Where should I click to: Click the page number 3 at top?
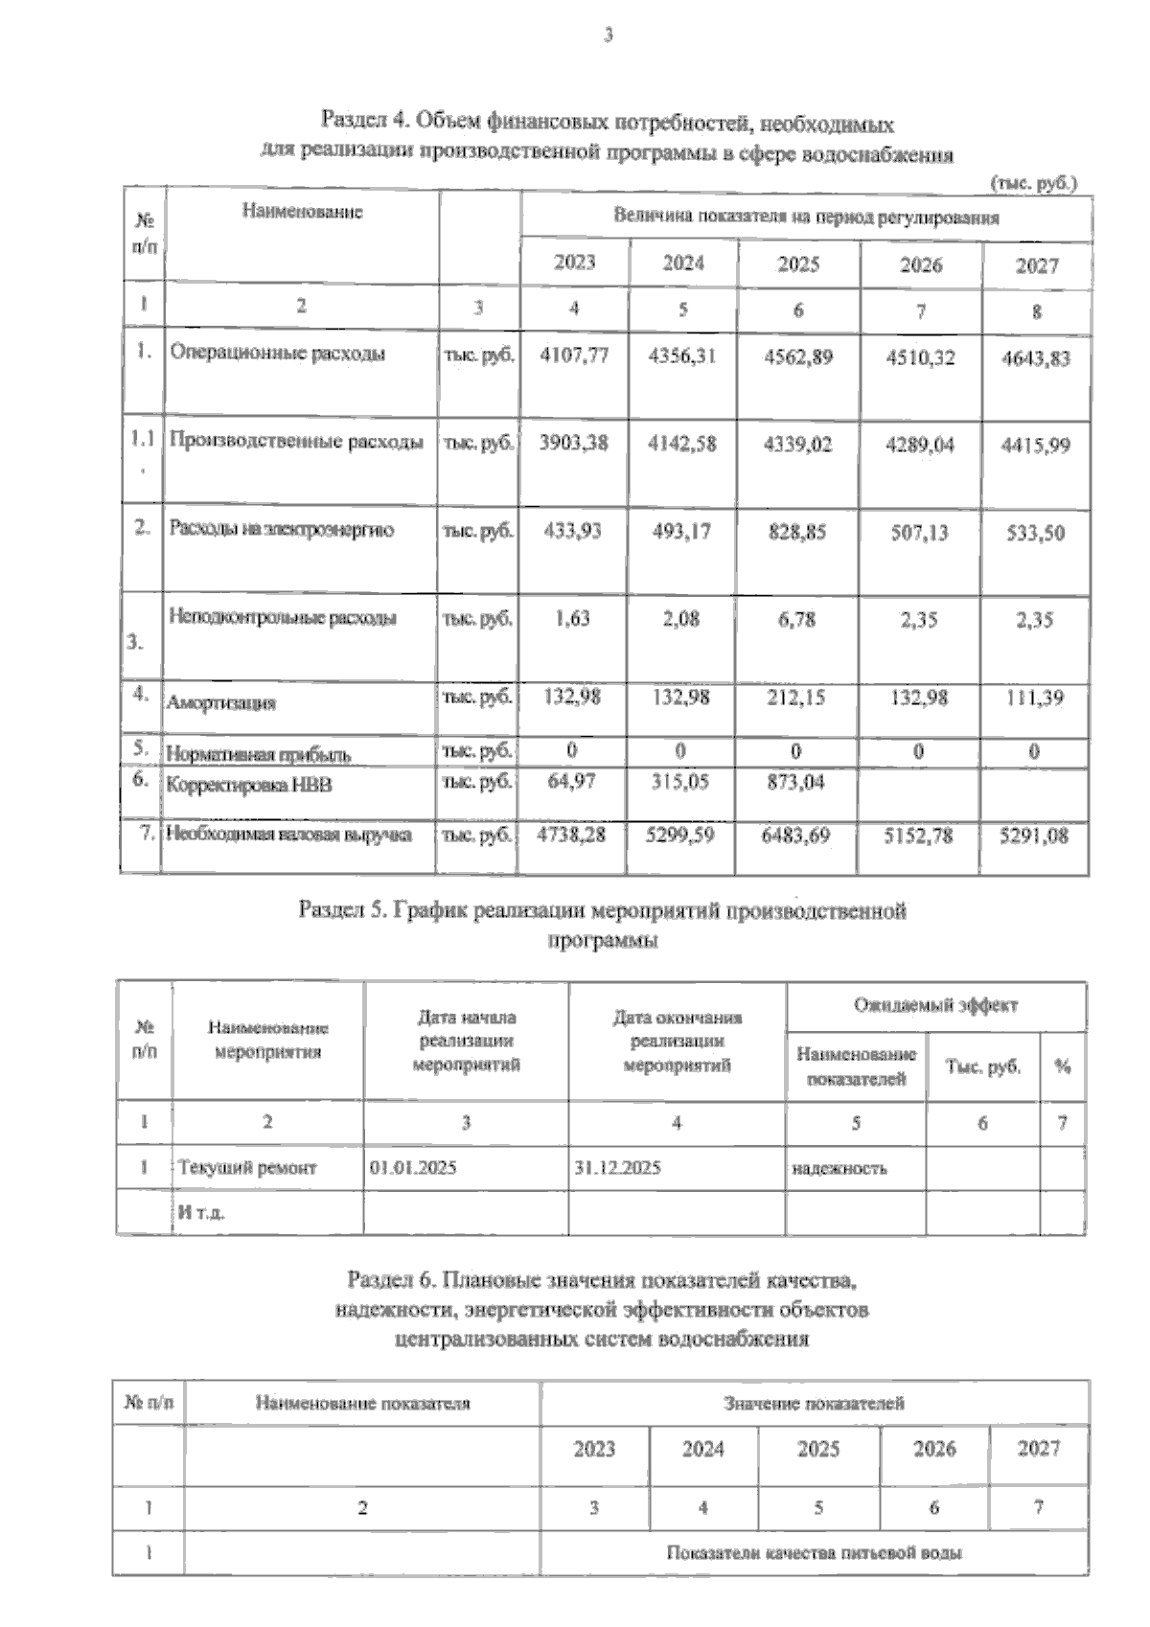coord(607,36)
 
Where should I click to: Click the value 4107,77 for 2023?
coord(574,356)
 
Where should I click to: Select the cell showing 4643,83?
coord(1035,359)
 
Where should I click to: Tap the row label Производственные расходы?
coord(296,442)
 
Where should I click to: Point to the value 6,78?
coord(793,620)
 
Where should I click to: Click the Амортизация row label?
coord(221,703)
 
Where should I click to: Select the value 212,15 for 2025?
coord(795,699)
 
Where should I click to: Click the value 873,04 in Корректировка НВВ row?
coord(795,783)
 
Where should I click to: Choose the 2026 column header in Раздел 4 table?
coord(920,264)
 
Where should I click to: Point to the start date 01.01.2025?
coord(413,1168)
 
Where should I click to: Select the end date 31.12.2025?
coord(617,1168)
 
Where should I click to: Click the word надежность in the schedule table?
coord(839,1169)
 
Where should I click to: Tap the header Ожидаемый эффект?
coord(935,1005)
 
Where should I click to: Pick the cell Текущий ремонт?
coord(247,1168)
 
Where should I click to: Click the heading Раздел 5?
coord(603,910)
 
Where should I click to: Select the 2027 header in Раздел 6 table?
coord(1038,1449)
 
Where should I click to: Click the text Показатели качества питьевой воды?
coord(814,1553)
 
